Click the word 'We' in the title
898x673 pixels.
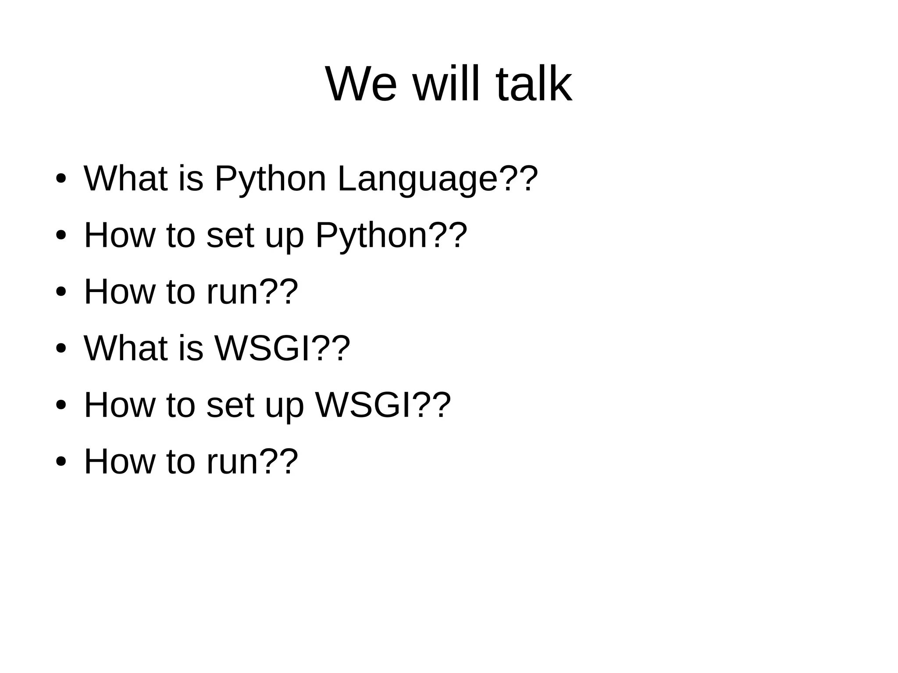coord(361,84)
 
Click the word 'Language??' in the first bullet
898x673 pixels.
coord(437,179)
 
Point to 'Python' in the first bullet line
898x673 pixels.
coord(270,179)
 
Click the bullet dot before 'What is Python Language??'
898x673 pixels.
coord(61,179)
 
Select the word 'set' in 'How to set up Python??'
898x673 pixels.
coord(230,235)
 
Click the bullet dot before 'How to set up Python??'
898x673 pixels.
coord(61,235)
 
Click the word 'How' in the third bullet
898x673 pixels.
coord(119,292)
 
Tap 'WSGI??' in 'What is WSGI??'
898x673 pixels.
coord(282,349)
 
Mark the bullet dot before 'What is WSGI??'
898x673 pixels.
coord(61,349)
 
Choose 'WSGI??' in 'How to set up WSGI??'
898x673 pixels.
coord(383,405)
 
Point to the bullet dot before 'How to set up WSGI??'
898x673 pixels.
coord(61,405)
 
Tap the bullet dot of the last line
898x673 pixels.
coord(61,462)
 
